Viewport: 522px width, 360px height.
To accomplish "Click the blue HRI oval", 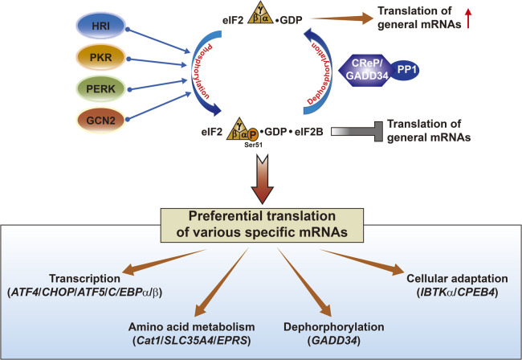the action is pos(100,26).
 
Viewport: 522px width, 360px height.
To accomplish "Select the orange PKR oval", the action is pos(100,57).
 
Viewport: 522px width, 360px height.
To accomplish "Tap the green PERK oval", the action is pos(100,89).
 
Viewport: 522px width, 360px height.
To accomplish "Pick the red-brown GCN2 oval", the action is pos(100,121).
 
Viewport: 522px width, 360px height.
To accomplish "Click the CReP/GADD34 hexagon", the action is pos(365,70).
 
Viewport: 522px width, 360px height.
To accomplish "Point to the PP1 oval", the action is pos(406,70).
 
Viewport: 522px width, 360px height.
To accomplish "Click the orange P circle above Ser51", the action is pos(253,134).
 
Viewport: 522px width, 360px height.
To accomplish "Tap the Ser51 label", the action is pos(253,145).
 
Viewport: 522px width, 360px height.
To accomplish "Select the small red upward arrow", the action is pos(468,18).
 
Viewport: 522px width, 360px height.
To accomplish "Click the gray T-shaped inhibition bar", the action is pos(357,132).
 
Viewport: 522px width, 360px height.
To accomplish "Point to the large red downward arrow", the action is pos(263,179).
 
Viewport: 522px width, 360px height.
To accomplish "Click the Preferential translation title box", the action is pos(262,225).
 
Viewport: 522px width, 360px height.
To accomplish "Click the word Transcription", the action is pos(84,278).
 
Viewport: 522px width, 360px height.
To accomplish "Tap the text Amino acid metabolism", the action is pos(191,327).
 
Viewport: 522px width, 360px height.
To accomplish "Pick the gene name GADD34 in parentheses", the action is pos(334,341).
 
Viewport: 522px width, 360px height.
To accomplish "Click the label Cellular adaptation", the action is pos(457,278).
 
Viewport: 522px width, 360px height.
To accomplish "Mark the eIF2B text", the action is pos(308,132).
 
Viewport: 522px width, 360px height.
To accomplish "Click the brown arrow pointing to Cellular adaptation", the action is pos(362,262).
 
